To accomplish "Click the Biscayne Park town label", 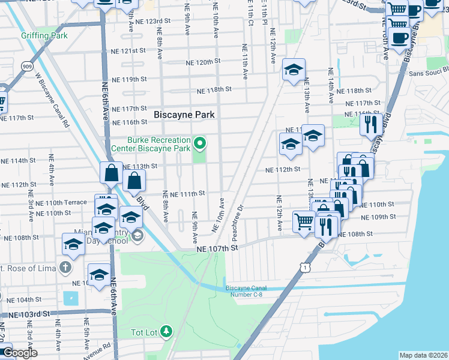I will click(x=184, y=114).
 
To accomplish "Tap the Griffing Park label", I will click(x=44, y=35).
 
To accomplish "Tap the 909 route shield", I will click(x=25, y=67).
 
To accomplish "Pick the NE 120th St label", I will click(x=203, y=62).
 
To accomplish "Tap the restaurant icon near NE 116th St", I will click(x=370, y=124).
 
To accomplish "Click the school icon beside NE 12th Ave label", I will click(x=294, y=69).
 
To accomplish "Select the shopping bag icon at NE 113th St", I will click(x=112, y=173).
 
